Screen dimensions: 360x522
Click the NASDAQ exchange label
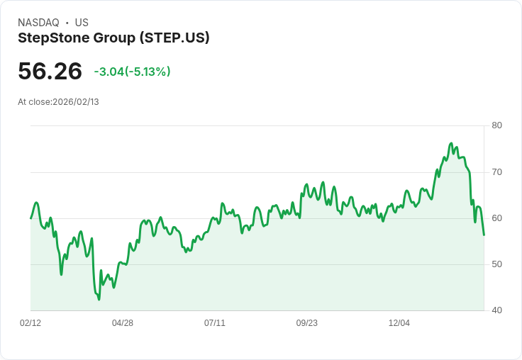tap(38, 23)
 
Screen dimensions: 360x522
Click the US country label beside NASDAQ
tap(82, 23)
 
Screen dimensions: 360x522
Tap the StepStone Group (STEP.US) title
tap(113, 38)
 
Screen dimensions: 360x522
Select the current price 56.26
tap(50, 71)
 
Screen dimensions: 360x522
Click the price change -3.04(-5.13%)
tap(132, 72)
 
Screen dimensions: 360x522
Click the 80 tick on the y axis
tap(496, 125)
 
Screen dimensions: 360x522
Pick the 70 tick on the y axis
tap(496, 171)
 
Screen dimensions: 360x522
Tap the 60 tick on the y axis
tap(496, 218)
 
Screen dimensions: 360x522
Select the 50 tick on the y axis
tap(496, 264)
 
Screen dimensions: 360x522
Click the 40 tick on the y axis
tap(496, 310)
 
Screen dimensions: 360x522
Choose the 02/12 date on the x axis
tap(30, 323)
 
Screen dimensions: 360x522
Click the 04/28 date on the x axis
tap(123, 323)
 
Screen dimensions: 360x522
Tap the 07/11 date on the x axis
tap(215, 323)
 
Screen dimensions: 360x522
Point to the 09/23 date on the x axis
tap(307, 323)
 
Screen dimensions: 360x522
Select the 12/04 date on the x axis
tap(399, 323)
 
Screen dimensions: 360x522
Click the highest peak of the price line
tap(451, 143)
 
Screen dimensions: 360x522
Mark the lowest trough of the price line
tap(99, 299)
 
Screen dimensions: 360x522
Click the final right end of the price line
tap(484, 235)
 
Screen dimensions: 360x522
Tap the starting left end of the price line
tap(30, 218)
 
